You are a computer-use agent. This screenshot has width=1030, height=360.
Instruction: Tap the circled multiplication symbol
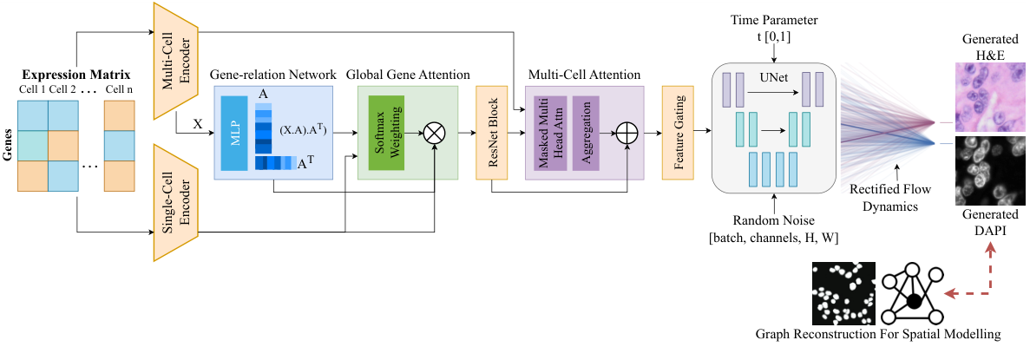pyautogui.click(x=432, y=134)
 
